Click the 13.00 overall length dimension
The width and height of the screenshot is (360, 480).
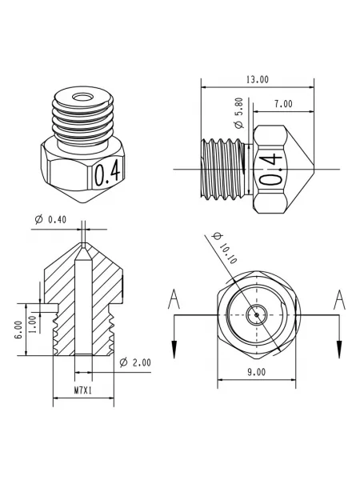[258, 79]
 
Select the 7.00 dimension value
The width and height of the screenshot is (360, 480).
[283, 104]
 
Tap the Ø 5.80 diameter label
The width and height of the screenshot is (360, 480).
[239, 113]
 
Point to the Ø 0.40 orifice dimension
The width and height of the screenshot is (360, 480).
[50, 219]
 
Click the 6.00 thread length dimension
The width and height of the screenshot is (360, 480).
[18, 330]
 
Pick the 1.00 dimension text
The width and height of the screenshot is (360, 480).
[34, 324]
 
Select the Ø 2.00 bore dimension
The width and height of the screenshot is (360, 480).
[135, 362]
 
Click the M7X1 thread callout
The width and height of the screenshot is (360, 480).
[83, 390]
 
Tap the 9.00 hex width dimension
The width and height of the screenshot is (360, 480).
[257, 372]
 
